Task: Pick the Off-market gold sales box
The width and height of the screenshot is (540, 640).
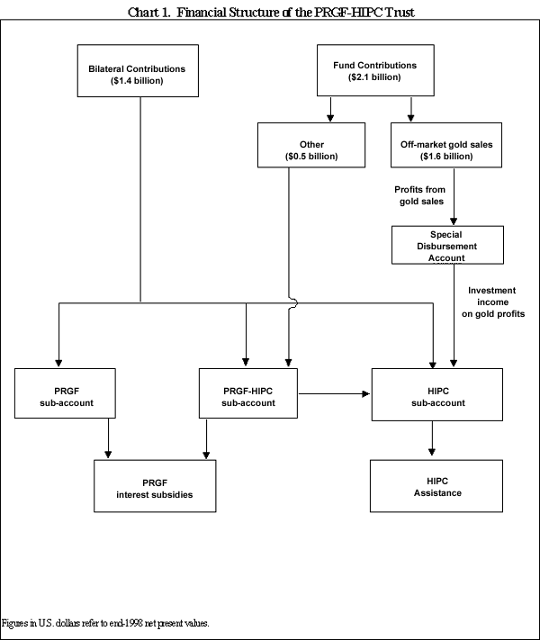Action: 446,144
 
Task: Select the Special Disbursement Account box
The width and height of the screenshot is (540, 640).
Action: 446,246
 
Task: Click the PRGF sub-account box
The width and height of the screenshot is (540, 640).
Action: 66,393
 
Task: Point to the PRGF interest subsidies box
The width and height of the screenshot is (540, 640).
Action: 154,486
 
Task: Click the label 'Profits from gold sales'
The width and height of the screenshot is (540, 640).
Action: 419,195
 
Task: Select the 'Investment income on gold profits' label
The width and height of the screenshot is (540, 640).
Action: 492,302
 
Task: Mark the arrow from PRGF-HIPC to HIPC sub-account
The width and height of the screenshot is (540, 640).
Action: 335,393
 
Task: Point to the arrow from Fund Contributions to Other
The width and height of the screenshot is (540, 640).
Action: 330,109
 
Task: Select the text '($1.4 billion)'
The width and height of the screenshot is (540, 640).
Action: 137,81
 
